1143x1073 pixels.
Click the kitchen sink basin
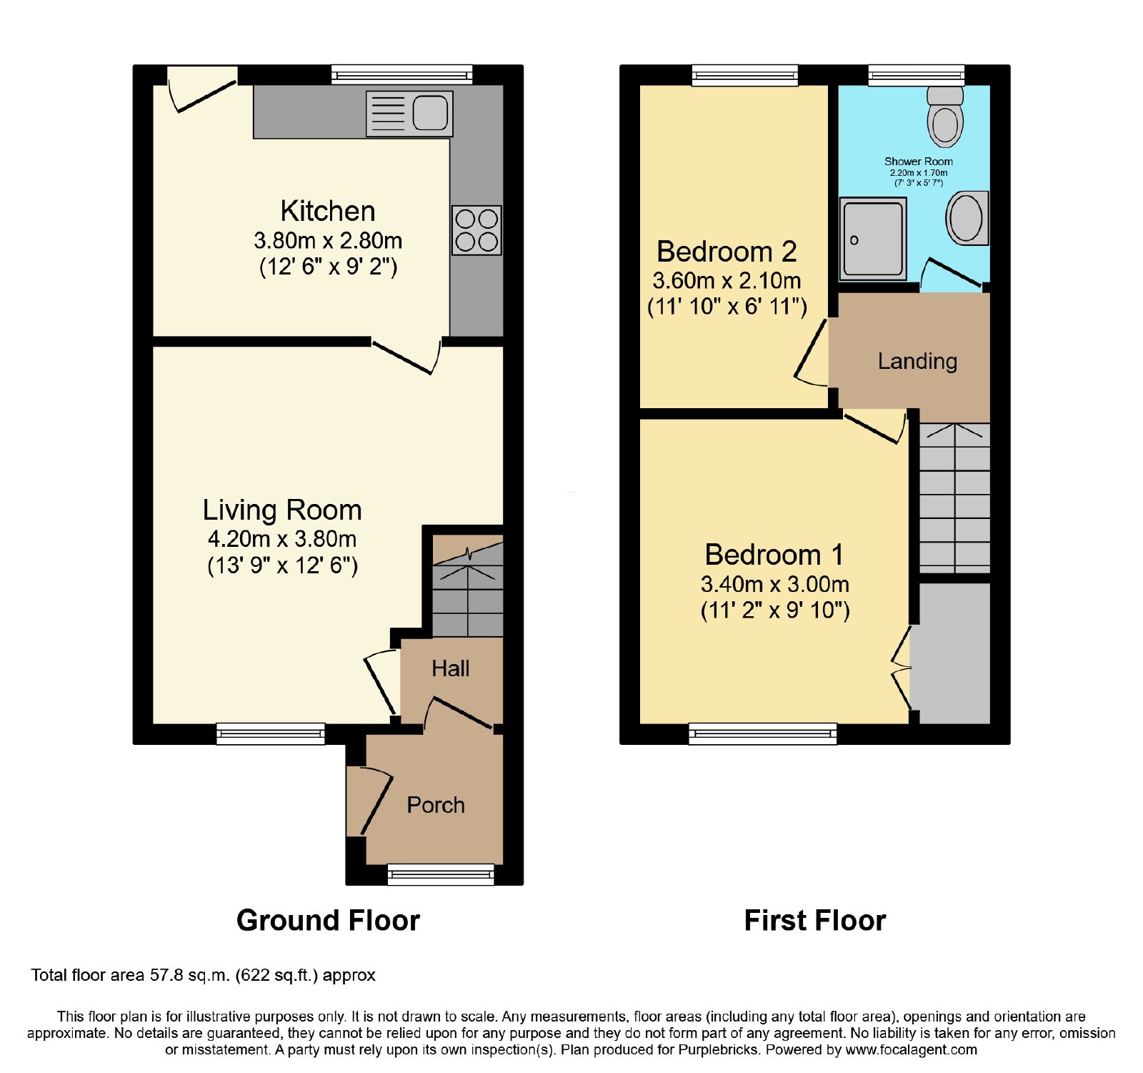pos(430,113)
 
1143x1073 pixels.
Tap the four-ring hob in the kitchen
pos(476,230)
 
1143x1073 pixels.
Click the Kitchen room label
pos(328,211)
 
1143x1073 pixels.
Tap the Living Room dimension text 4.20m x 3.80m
pos(282,539)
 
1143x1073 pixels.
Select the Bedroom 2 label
pos(727,252)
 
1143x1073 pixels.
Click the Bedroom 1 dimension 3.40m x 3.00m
pos(775,584)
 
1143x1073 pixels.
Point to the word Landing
pos(917,362)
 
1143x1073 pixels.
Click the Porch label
pos(436,805)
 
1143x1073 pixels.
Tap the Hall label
pos(451,668)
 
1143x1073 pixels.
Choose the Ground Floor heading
pos(328,921)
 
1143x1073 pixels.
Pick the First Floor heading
pos(815,921)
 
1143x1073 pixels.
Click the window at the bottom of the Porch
pos(441,874)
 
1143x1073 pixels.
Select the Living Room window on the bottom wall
pos(271,733)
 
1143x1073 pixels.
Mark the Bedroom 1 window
pos(763,733)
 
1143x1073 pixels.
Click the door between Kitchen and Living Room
pos(405,355)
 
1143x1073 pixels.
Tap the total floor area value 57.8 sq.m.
pos(189,976)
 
